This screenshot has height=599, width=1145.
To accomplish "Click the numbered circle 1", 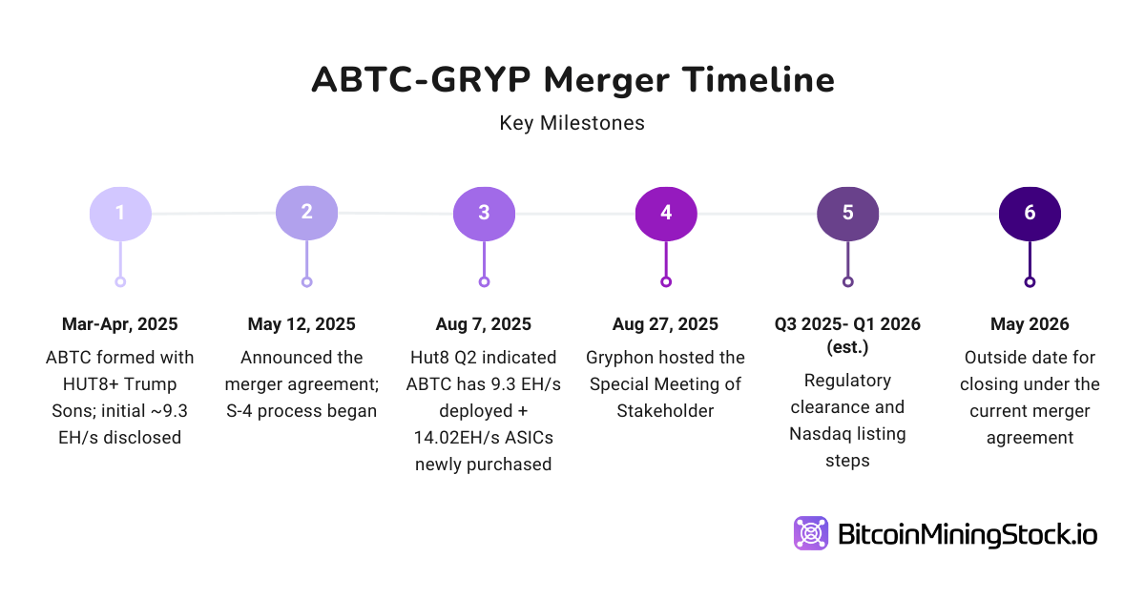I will pyautogui.click(x=120, y=213).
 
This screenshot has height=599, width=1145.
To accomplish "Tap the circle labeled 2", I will pyautogui.click(x=306, y=213).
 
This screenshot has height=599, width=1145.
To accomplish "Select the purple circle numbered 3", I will pyautogui.click(x=484, y=213).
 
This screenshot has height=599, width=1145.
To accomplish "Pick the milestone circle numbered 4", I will pyautogui.click(x=666, y=213).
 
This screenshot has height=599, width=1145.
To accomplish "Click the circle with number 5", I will pyautogui.click(x=847, y=213).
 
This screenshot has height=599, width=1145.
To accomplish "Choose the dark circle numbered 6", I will pyautogui.click(x=1030, y=213).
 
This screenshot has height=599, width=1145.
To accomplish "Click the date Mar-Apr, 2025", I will pyautogui.click(x=120, y=324).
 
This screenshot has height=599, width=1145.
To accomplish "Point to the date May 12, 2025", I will pyautogui.click(x=302, y=324).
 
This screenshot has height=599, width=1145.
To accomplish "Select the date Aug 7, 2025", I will pyautogui.click(x=484, y=324).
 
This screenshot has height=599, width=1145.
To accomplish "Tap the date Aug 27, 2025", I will pyautogui.click(x=666, y=324).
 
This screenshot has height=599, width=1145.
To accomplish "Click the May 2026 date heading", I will pyautogui.click(x=1030, y=324).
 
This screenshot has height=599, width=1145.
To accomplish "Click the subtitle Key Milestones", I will pyautogui.click(x=572, y=123).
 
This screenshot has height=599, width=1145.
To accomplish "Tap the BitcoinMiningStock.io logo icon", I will pyautogui.click(x=811, y=533).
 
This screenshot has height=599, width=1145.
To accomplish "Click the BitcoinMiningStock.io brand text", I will pyautogui.click(x=968, y=534).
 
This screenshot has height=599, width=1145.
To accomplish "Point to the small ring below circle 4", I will pyautogui.click(x=666, y=281).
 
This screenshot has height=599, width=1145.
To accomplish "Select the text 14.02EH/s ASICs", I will pyautogui.click(x=484, y=438).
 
